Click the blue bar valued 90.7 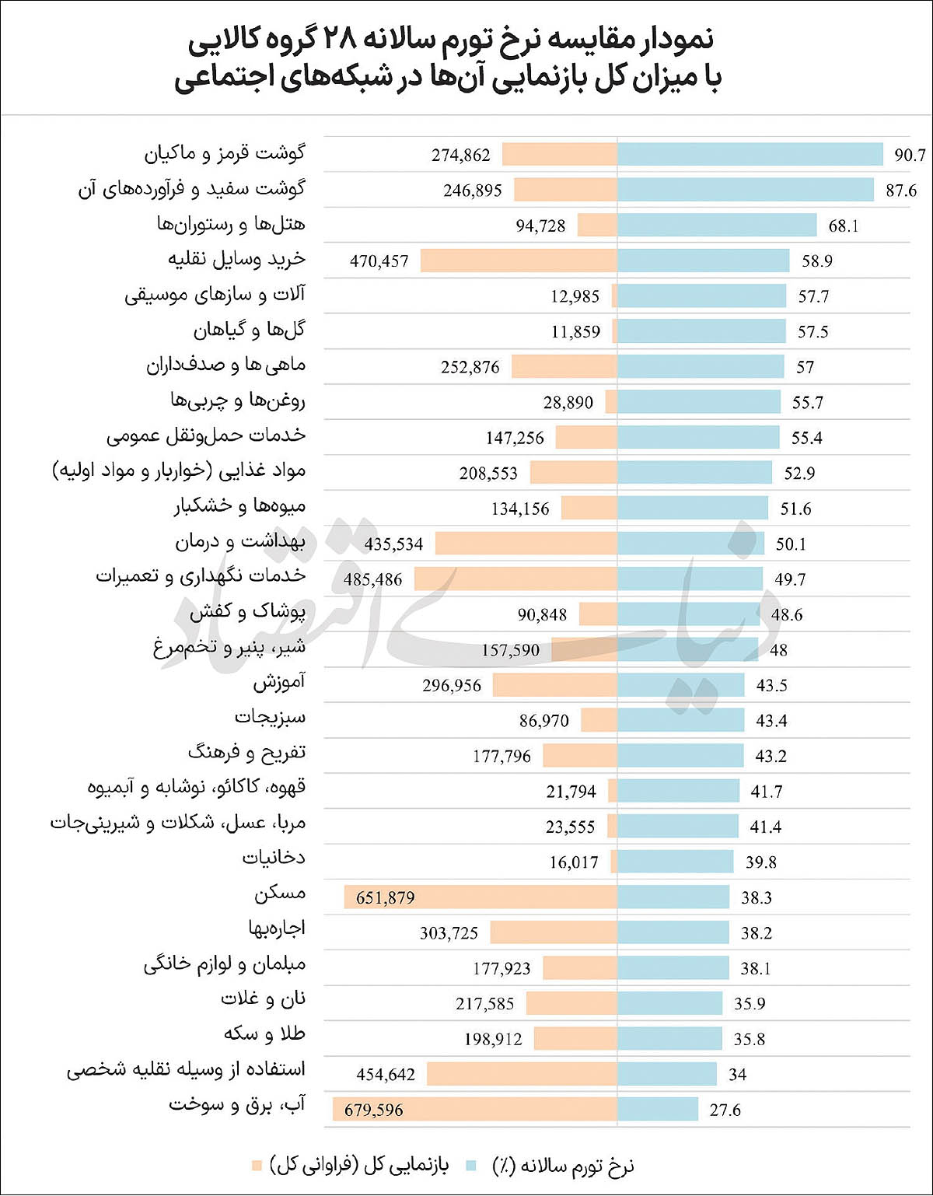point(750,154)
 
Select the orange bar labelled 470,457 point(519,261)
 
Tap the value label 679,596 point(373,1110)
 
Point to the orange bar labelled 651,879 point(480,897)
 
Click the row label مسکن point(279,894)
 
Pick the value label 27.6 point(725,1110)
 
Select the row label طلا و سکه point(264,1034)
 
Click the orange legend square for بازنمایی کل point(257,1165)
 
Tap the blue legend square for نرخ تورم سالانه point(471,1165)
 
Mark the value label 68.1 point(844,226)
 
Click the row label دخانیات point(274,858)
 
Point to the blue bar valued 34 point(667,1075)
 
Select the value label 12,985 point(575,296)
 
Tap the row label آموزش point(279,683)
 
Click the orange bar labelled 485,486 point(515,579)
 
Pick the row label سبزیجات point(270,717)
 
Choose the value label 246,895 point(473,191)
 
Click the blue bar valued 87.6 point(746,189)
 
